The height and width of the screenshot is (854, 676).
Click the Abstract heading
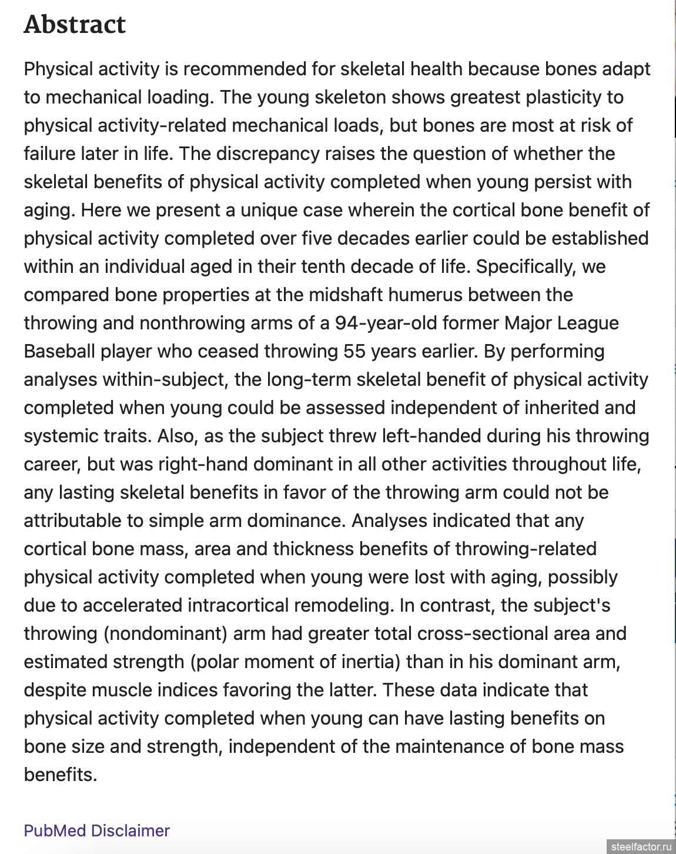[x=75, y=25]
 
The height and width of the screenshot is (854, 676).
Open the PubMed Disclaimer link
[x=96, y=830]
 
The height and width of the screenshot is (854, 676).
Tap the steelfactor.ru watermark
[x=641, y=846]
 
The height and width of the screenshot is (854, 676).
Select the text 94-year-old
[x=386, y=323]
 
